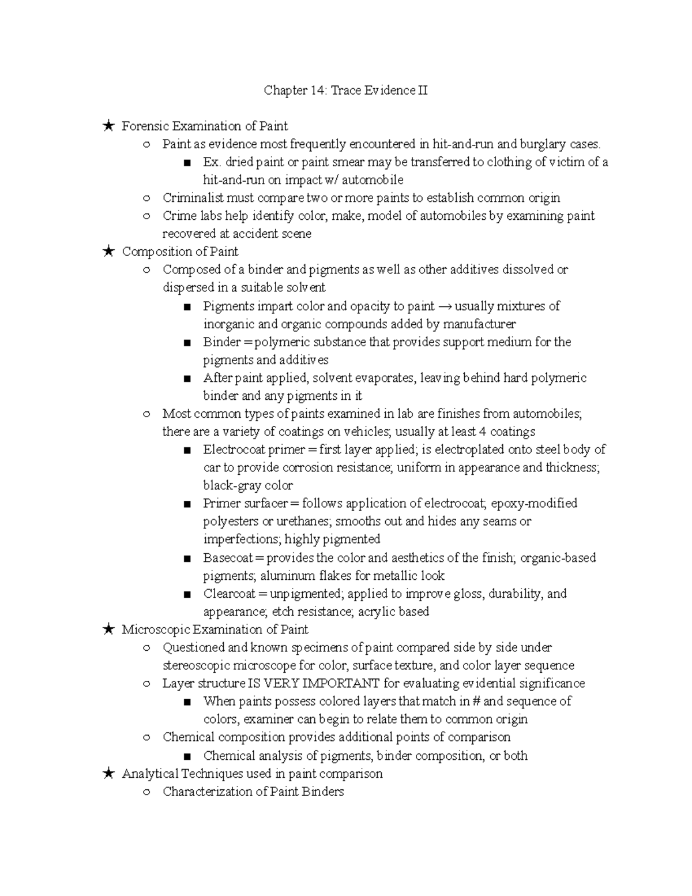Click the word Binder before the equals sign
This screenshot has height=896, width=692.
[x=221, y=342]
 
